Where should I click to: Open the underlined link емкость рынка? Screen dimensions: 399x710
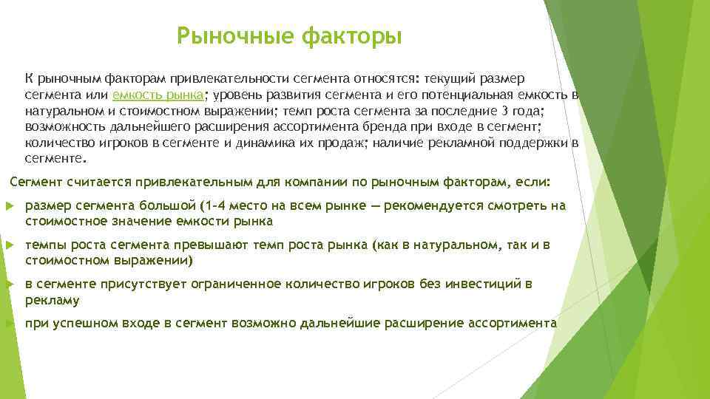(x=158, y=95)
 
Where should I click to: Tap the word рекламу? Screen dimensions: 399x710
(x=52, y=301)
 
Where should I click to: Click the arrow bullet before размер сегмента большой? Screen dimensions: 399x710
(x=8, y=206)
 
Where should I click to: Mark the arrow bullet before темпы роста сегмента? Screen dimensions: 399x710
(x=8, y=245)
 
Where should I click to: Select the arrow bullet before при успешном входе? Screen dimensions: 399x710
(x=8, y=324)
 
